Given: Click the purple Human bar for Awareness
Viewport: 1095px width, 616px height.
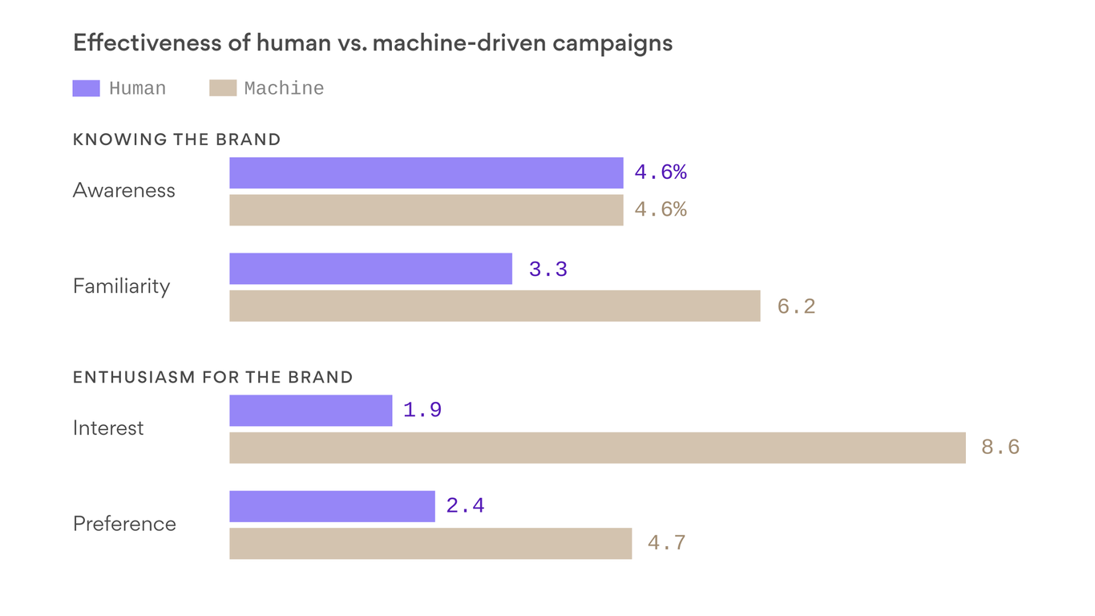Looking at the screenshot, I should coord(426,172).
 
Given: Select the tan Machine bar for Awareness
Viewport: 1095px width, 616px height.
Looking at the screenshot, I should coord(426,210).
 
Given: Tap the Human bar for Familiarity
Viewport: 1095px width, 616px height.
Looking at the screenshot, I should coord(370,269).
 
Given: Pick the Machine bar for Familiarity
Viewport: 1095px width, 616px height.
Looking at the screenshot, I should coord(495,306).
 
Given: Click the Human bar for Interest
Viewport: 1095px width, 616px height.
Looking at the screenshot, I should coord(310,410).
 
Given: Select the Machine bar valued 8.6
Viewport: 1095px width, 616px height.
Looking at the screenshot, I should coord(597,448).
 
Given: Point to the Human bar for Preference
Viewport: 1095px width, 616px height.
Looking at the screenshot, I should coord(332,506).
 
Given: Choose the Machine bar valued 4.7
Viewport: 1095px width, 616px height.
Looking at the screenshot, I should coord(430,543).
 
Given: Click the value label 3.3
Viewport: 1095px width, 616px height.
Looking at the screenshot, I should coord(548,269).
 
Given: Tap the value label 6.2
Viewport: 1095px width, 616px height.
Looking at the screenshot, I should coord(796,306).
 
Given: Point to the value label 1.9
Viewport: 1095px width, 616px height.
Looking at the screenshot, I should coord(422,411).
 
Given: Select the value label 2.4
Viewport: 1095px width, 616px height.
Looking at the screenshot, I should coord(465,506).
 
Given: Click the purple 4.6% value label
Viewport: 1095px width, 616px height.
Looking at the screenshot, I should coord(661,172).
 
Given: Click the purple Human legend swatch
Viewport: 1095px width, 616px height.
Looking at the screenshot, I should coord(86,88).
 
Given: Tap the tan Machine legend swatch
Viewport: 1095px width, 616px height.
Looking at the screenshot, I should coord(223,88).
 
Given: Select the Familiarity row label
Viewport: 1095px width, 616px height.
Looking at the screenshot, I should coord(121,286).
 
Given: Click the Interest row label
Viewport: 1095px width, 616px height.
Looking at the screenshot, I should coord(108,428).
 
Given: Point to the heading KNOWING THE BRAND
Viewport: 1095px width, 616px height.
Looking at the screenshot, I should coord(176,140).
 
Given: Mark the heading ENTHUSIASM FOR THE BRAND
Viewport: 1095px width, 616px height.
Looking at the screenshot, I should coord(212,377).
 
